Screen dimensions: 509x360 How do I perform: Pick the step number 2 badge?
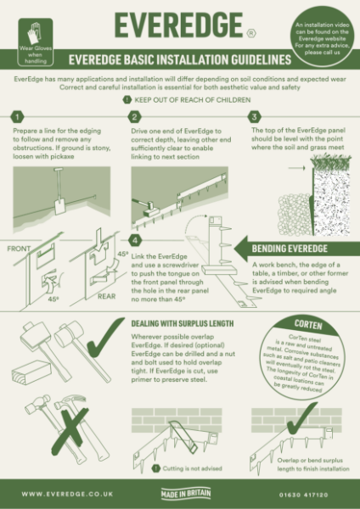(133, 116)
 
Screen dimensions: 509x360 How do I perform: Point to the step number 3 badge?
(254, 116)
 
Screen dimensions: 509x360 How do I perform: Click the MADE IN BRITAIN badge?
(181, 493)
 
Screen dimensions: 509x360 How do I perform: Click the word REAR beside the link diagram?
(106, 296)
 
